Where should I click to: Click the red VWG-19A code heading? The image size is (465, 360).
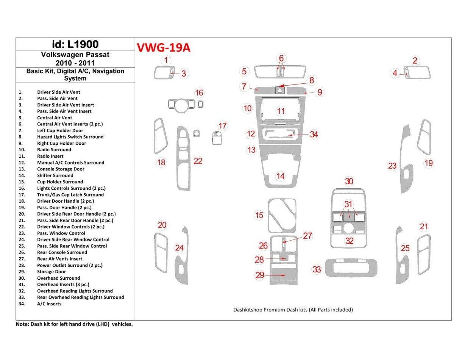163,48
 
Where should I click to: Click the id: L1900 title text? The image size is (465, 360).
75,44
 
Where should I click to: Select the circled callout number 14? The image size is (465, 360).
280,176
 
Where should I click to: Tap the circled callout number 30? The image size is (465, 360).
349,182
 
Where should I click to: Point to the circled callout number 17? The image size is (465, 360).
222,126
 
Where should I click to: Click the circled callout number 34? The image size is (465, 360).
314,135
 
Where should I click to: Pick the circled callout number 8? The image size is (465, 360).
312,80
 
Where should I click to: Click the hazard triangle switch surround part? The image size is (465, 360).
280,90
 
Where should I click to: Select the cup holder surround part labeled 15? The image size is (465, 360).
282,215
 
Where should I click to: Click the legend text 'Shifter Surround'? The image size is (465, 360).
55,175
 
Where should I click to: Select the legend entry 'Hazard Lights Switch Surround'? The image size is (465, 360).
70,137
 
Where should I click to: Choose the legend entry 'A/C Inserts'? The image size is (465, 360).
49,304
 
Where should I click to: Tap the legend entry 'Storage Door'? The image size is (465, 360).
51,272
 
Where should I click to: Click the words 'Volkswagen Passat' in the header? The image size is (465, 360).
75,55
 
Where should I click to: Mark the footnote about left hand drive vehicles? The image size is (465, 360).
74,324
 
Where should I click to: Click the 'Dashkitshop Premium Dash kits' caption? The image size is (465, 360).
293,310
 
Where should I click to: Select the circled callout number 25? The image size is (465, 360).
405,248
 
